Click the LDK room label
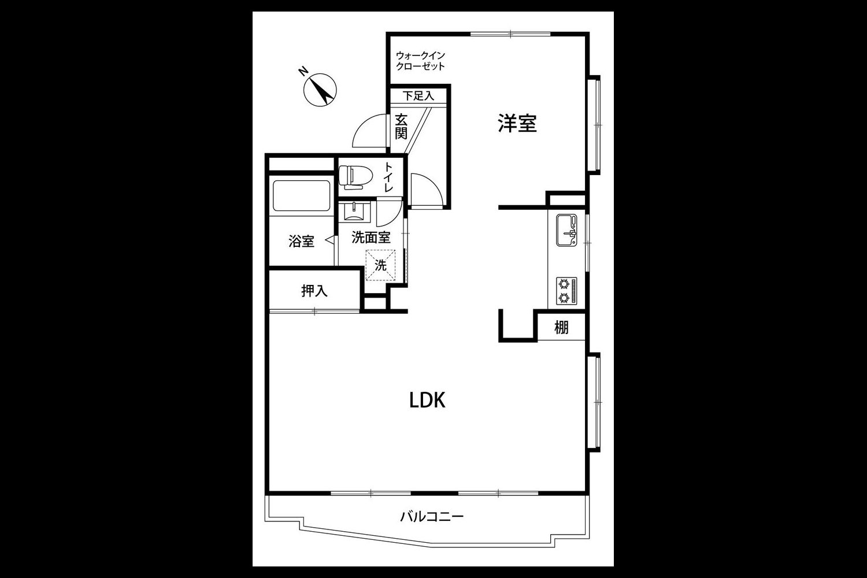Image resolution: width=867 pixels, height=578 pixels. (427, 401)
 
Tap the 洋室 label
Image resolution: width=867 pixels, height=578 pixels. (517, 123)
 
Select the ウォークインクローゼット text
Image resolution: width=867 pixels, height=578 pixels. (420, 61)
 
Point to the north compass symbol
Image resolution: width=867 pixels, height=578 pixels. (320, 90)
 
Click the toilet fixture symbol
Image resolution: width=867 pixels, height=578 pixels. (355, 177)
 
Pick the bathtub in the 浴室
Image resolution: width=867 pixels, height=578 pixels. (301, 196)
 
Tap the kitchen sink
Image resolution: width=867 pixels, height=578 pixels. (566, 230)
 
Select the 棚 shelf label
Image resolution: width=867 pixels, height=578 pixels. (561, 328)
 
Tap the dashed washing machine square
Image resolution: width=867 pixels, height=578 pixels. (380, 265)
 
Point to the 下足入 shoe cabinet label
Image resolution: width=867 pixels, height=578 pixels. (418, 95)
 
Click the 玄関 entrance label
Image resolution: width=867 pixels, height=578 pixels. (401, 126)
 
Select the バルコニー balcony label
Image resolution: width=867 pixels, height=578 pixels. (432, 517)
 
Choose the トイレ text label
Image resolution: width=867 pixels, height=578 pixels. (388, 177)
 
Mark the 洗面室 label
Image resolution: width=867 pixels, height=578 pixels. (371, 238)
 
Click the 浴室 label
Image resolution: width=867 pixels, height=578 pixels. (301, 241)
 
